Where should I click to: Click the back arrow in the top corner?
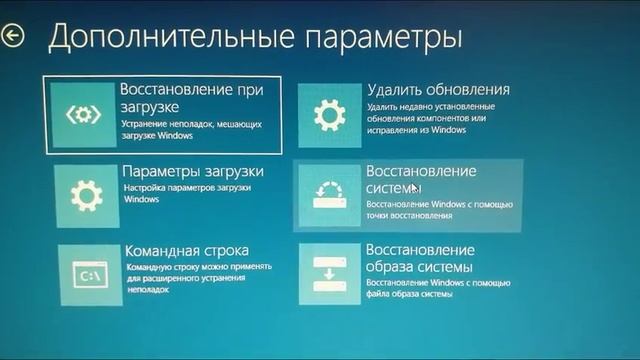tap(13, 35)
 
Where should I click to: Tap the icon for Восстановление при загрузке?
tap(83, 113)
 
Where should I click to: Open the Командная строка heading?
tap(187, 250)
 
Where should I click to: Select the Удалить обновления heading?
tap(438, 89)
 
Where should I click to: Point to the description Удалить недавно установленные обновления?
tap(429, 116)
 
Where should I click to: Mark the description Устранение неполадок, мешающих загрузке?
tap(191, 128)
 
